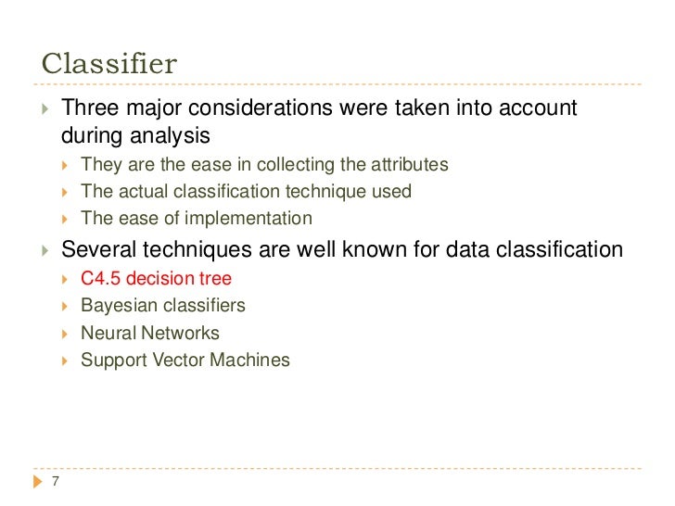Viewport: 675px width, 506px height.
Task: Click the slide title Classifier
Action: click(109, 64)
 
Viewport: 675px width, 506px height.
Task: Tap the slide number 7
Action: click(56, 481)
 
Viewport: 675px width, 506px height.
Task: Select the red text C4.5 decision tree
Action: click(156, 278)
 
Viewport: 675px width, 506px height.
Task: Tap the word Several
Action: click(95, 249)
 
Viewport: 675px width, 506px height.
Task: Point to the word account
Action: click(536, 109)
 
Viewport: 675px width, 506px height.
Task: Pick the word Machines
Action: click(255, 359)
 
